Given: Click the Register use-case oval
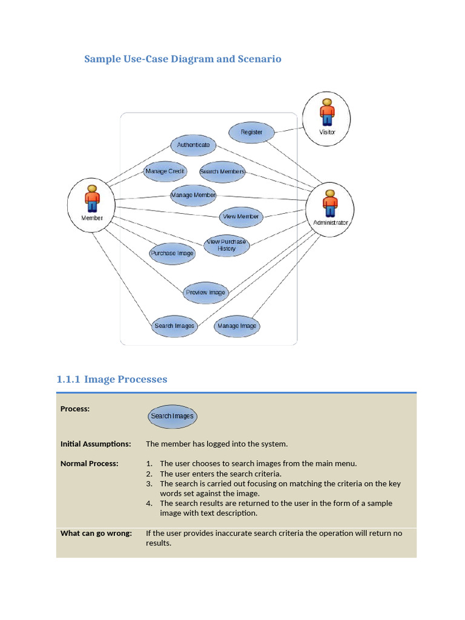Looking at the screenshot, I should click(x=251, y=132).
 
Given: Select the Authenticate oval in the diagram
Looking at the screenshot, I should click(x=193, y=145).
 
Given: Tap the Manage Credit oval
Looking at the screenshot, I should click(x=165, y=171).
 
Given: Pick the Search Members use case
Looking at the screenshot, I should click(x=222, y=171).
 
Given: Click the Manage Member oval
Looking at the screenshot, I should click(x=193, y=195).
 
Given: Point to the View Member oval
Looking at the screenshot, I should click(x=240, y=217).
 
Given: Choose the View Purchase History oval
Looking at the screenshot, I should click(x=226, y=245).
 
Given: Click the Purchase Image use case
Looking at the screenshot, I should click(x=172, y=253).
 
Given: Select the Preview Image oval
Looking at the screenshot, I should click(x=205, y=292).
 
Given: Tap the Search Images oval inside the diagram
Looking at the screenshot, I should click(x=174, y=326).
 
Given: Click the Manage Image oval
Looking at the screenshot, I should click(x=237, y=326).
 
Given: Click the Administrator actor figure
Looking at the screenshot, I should click(x=330, y=203).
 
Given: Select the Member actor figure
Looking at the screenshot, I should click(x=92, y=199).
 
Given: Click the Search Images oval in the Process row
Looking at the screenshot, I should click(x=172, y=416).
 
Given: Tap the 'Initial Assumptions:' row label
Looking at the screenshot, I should click(x=96, y=444).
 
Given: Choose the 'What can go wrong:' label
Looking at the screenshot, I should click(x=96, y=533).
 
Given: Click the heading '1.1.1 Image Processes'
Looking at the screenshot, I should click(x=111, y=380).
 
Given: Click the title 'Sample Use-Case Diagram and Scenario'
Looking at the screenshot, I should click(x=182, y=59).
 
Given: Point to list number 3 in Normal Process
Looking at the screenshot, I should click(x=149, y=484).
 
